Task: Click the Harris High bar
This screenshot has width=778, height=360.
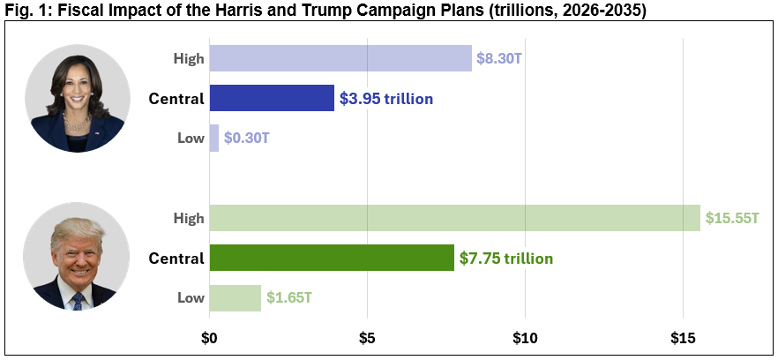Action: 340,58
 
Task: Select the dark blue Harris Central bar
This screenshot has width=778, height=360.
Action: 272,98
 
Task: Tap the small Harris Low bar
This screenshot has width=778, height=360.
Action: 213,138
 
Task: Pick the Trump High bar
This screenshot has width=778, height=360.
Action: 454,218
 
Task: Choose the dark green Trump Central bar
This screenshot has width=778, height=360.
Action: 332,258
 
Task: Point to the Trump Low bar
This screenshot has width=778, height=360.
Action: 235,297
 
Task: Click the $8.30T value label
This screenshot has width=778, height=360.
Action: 499,59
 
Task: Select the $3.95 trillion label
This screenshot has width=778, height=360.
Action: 386,99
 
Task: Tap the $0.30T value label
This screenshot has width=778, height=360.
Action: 247,139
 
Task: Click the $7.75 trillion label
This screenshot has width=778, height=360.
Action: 506,259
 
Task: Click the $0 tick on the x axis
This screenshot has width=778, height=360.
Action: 209,337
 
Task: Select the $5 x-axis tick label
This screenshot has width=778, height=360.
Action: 367,337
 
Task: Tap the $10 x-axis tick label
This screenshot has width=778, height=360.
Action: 525,337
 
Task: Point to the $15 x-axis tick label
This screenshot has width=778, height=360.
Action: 683,337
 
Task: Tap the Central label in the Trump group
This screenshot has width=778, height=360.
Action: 176,259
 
